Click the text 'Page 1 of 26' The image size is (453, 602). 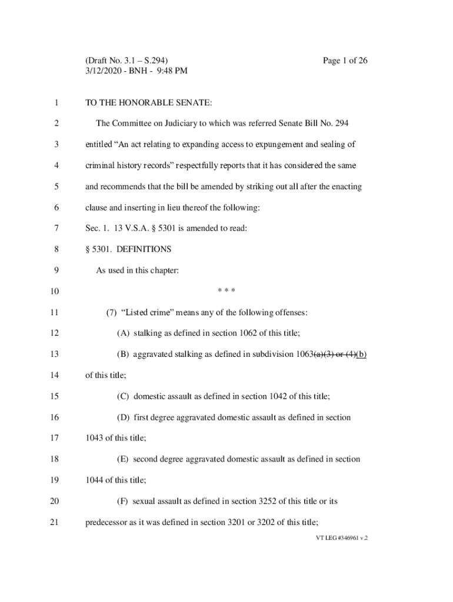pos(345,61)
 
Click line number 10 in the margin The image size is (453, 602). pos(55,292)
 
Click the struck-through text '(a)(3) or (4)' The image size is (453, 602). pos(334,354)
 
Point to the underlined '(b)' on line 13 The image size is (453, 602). pos(361,354)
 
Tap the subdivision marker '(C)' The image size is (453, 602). pos(124,396)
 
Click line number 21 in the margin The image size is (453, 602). pos(55,523)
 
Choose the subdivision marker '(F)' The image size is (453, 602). pos(123,501)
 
